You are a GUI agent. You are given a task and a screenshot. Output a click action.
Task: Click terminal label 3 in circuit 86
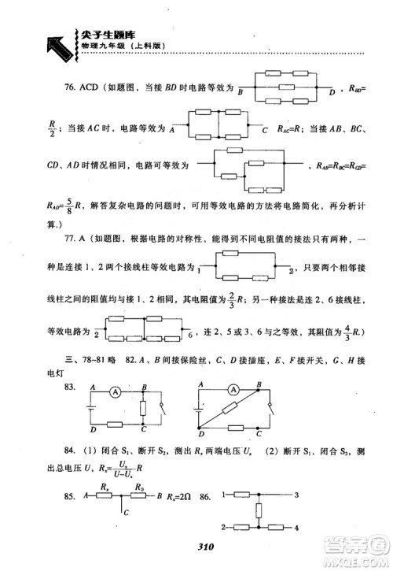296,495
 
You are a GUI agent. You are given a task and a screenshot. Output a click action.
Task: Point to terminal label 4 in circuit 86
296,526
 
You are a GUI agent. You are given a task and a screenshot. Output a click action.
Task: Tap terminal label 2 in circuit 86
225,526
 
